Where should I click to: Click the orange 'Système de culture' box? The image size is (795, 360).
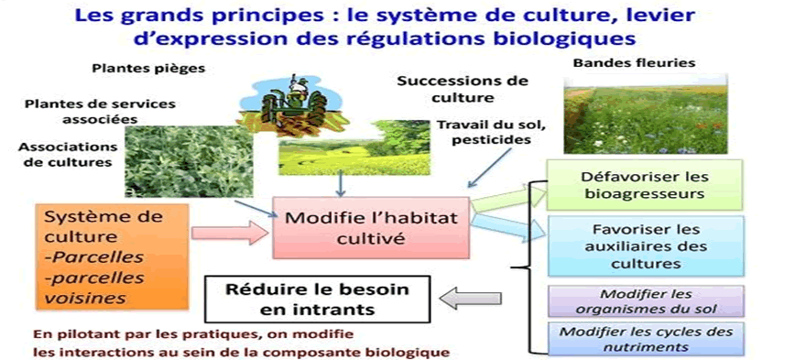[x=113, y=256]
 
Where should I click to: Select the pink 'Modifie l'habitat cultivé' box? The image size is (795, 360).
[x=371, y=227]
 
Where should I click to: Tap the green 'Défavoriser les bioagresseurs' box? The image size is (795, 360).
[x=645, y=185]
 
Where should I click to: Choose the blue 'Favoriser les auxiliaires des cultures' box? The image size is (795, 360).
[x=646, y=245]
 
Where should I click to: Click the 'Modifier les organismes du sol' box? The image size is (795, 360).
[x=646, y=301]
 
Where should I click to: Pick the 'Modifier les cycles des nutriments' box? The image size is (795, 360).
[x=646, y=339]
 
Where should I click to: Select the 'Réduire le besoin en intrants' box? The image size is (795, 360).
[x=317, y=300]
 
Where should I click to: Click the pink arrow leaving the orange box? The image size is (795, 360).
[x=230, y=233]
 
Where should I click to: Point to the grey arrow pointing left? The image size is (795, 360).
[x=470, y=299]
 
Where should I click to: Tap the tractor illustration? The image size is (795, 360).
[x=292, y=106]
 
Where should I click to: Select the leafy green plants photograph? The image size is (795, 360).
[x=189, y=161]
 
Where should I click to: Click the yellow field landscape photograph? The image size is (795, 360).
[x=354, y=147]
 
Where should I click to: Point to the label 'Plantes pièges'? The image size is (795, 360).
[x=148, y=69]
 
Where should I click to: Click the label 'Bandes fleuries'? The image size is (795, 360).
[x=634, y=64]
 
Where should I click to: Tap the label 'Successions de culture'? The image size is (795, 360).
[x=463, y=89]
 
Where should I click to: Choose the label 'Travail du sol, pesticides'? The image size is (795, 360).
[x=484, y=131]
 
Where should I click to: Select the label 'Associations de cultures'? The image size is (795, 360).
[x=68, y=155]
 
